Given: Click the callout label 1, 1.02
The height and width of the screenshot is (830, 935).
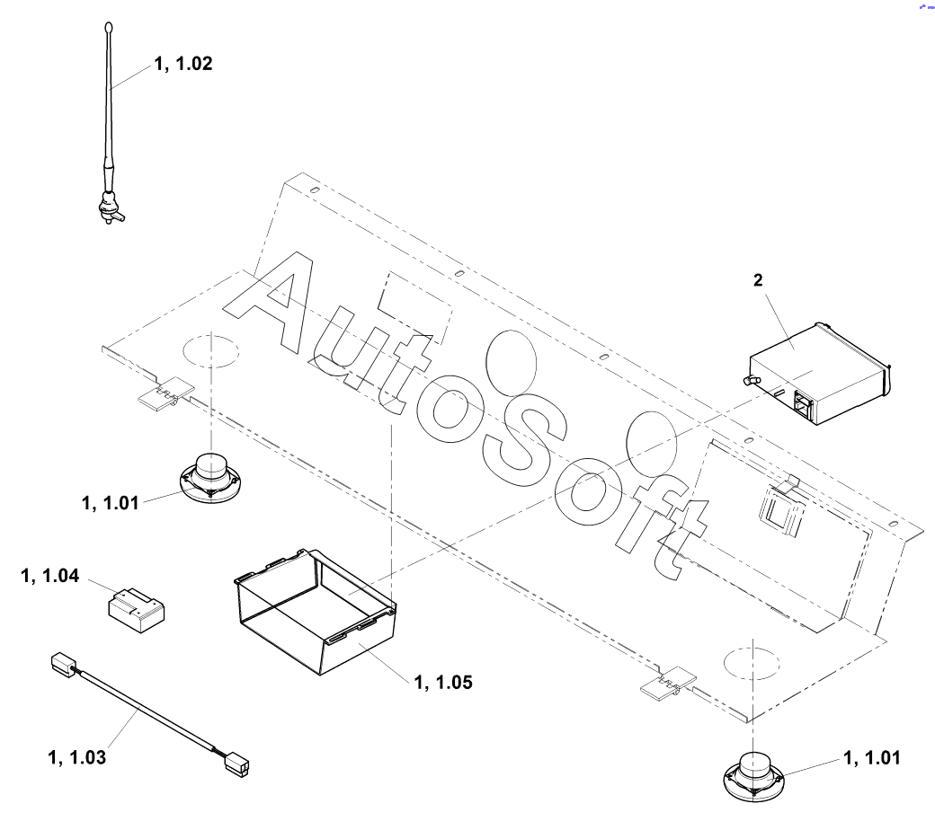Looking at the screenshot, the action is [x=183, y=64].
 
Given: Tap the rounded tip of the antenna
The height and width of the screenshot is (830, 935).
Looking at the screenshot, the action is [x=109, y=27].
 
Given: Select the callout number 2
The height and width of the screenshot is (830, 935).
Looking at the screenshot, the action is [x=758, y=280].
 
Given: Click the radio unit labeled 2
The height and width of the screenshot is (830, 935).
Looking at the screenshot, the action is [x=817, y=374].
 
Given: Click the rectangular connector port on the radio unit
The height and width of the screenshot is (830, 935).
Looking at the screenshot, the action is [x=803, y=404].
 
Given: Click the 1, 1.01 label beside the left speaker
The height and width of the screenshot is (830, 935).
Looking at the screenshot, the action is [x=111, y=504].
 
